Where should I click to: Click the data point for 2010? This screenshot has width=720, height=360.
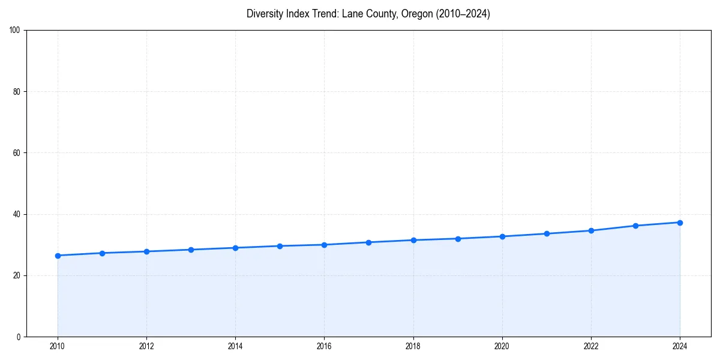(x=58, y=256)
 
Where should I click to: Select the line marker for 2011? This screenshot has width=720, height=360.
(x=102, y=253)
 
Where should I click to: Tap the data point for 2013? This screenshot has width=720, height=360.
(x=191, y=250)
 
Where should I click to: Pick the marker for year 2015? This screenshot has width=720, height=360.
(x=280, y=246)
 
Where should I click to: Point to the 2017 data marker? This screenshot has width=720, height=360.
(x=368, y=242)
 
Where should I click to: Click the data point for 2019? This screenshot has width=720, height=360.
(x=458, y=239)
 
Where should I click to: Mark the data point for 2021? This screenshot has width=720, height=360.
(x=547, y=233)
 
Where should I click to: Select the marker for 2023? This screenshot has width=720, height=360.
(x=635, y=226)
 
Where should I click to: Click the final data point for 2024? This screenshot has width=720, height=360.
(x=680, y=223)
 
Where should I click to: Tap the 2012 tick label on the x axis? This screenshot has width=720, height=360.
(x=146, y=346)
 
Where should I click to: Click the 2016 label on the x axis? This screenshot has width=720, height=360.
(x=324, y=346)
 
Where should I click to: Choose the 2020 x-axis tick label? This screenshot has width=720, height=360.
(x=502, y=346)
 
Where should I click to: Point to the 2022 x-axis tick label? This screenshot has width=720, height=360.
(x=591, y=346)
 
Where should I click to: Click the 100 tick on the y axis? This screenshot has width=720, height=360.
(x=15, y=31)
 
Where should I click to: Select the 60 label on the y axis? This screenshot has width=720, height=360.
(x=17, y=153)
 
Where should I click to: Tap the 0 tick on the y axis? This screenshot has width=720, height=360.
(x=19, y=337)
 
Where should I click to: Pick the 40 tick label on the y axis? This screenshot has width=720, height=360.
(x=17, y=214)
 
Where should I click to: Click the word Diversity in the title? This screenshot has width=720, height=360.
(x=265, y=14)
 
